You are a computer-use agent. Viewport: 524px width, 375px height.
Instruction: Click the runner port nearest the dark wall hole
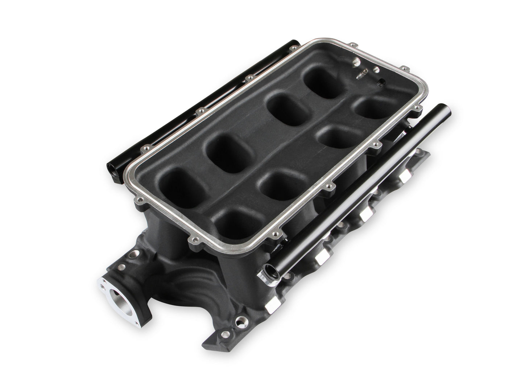(x=369, y=106)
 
